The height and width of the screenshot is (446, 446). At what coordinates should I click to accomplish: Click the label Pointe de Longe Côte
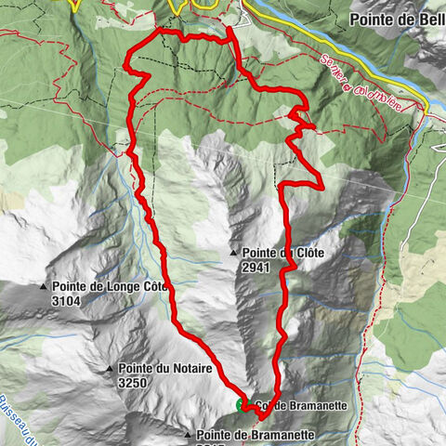pyautogui.click(x=108, y=287)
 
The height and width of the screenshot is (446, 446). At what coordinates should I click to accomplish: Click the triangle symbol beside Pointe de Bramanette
pyautogui.click(x=187, y=435)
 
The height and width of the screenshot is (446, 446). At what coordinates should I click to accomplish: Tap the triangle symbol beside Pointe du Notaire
pyautogui.click(x=110, y=369)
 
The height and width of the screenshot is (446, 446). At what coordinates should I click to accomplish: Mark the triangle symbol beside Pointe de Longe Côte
pyautogui.click(x=44, y=287)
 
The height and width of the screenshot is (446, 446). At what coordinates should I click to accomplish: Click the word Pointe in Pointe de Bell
pyautogui.click(x=368, y=18)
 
